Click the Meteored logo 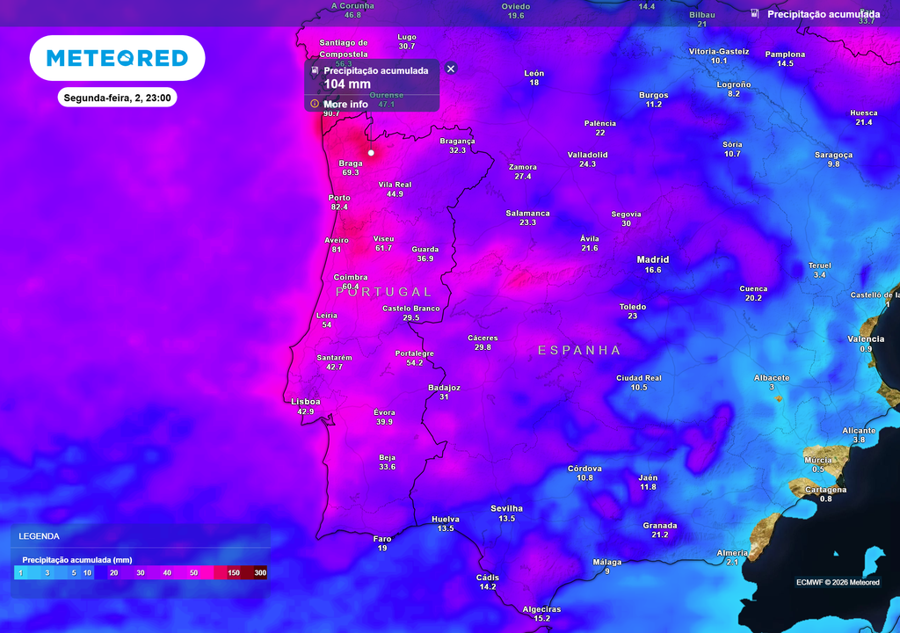click(x=117, y=58)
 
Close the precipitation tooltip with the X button click(x=451, y=69)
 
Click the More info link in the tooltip click(x=345, y=104)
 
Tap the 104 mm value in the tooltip click(x=347, y=84)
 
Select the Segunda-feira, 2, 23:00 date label click(x=117, y=98)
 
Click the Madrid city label click(x=653, y=259)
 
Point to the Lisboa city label click(x=306, y=402)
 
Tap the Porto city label click(x=339, y=198)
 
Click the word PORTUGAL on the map click(x=384, y=292)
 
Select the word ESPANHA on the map click(x=579, y=350)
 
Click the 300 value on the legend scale click(x=260, y=573)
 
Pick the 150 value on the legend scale click(x=234, y=573)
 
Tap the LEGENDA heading click(x=40, y=535)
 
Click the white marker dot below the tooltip click(x=371, y=153)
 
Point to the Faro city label click(x=382, y=539)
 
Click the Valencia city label click(x=866, y=339)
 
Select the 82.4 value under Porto click(x=339, y=207)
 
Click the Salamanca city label click(x=527, y=214)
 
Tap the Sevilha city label click(x=506, y=508)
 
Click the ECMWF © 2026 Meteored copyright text click(x=838, y=582)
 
